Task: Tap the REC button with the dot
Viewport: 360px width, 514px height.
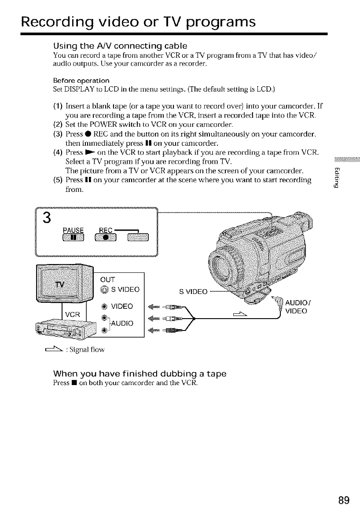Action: point(106,238)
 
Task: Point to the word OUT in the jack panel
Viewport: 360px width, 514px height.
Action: point(108,280)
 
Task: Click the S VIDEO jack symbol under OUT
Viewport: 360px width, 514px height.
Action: point(104,290)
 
